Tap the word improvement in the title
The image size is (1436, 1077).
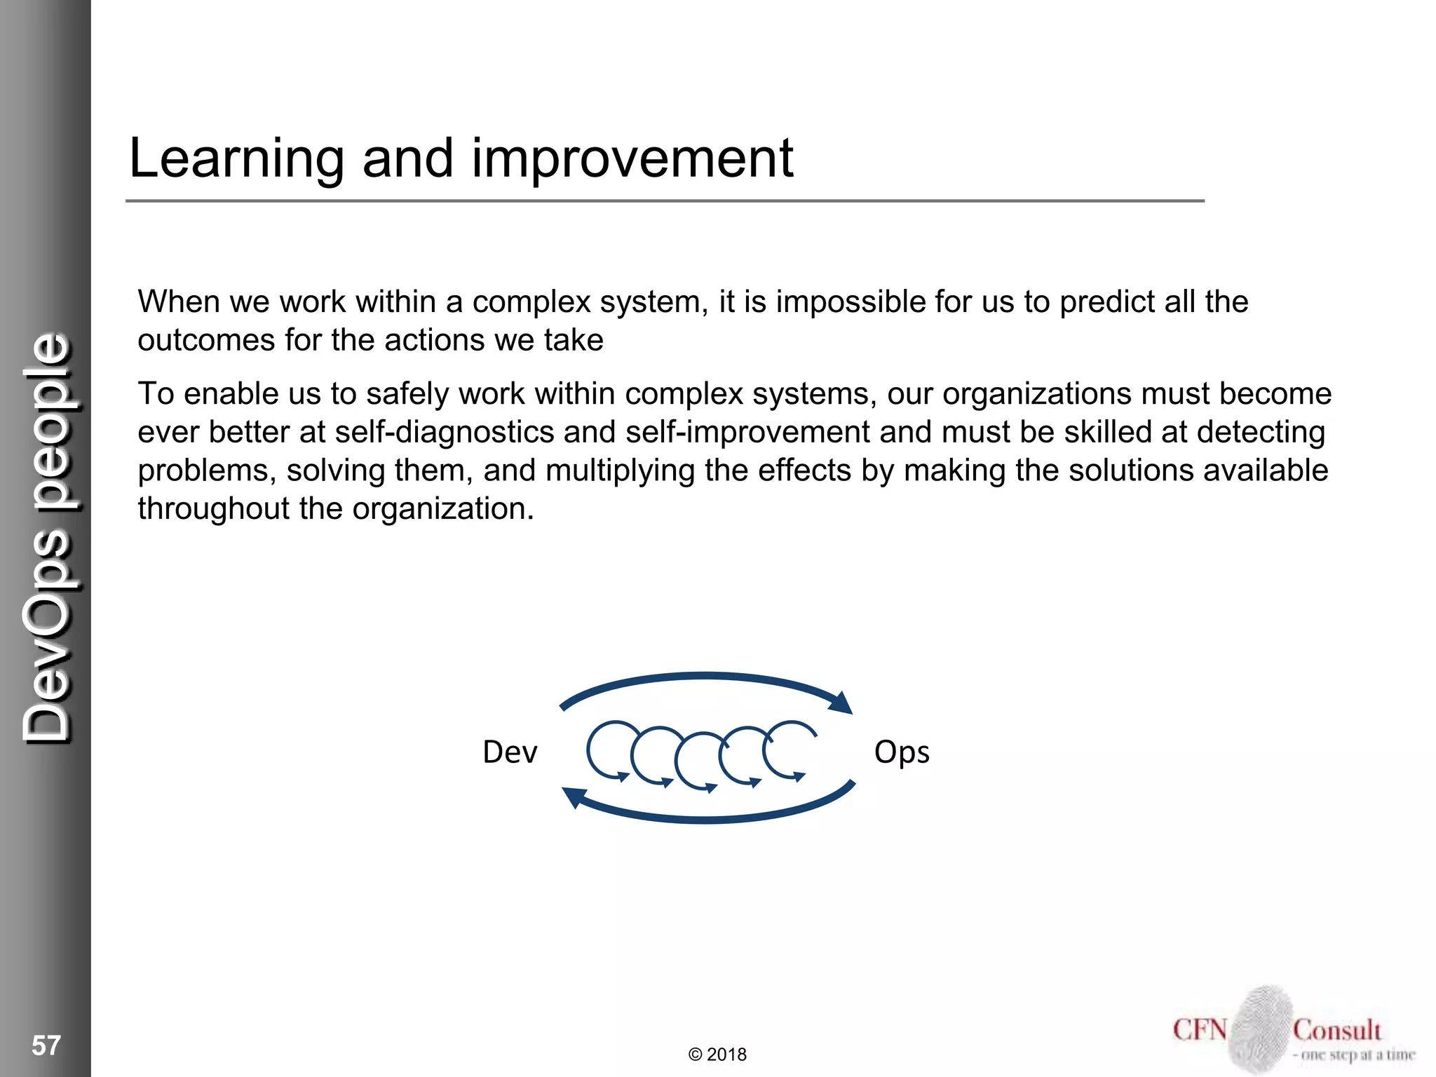[x=632, y=158]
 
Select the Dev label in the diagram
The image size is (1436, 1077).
[x=510, y=752]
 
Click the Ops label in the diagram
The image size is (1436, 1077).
[x=902, y=753]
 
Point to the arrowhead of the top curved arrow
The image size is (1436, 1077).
[x=841, y=702]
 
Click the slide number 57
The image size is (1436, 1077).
[x=46, y=1045]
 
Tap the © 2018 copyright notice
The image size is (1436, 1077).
[x=717, y=1055]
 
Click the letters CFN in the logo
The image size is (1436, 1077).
[x=1200, y=1030]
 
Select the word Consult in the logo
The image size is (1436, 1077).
[x=1336, y=1030]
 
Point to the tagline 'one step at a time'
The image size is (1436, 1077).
[x=1357, y=1055]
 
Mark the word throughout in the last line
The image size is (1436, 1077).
[x=213, y=509]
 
